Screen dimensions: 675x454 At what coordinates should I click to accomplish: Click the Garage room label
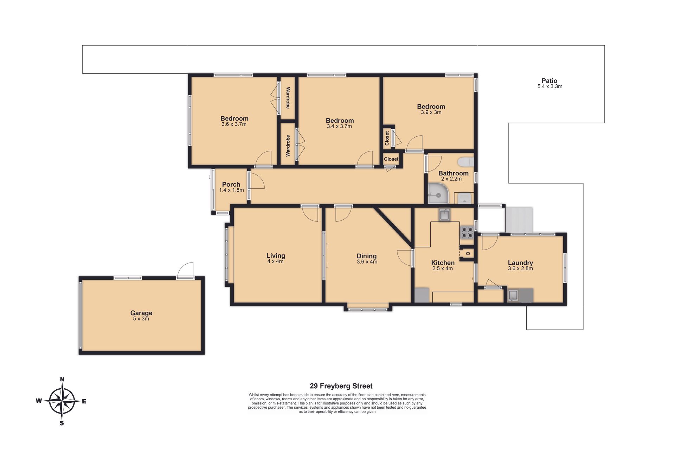coord(141,313)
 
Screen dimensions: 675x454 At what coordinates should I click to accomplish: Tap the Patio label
coord(549,80)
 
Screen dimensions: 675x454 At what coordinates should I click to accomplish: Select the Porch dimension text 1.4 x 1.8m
coord(231,190)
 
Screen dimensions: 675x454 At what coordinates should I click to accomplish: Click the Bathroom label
coord(453,173)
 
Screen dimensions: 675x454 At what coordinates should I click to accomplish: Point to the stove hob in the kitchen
coord(467,232)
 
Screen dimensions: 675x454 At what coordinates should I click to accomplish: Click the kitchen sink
coord(444,215)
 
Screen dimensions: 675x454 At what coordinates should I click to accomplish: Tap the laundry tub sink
coord(513,295)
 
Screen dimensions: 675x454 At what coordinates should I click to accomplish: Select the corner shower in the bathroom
coord(438,194)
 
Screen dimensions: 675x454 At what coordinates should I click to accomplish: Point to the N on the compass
coord(62,379)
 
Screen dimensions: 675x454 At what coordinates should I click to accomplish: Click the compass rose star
coord(62,401)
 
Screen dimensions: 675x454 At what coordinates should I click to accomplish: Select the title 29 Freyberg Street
coord(341,386)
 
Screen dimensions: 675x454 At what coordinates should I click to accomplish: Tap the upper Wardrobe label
coord(288,98)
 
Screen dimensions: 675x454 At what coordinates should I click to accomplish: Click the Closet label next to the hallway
coord(391,159)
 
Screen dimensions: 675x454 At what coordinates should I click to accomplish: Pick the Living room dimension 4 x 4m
coord(275,261)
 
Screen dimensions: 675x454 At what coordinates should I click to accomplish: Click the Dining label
coord(367,256)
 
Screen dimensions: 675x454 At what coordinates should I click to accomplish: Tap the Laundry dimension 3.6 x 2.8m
coord(520,268)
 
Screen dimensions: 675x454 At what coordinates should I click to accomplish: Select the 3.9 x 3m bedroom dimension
coord(431,112)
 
